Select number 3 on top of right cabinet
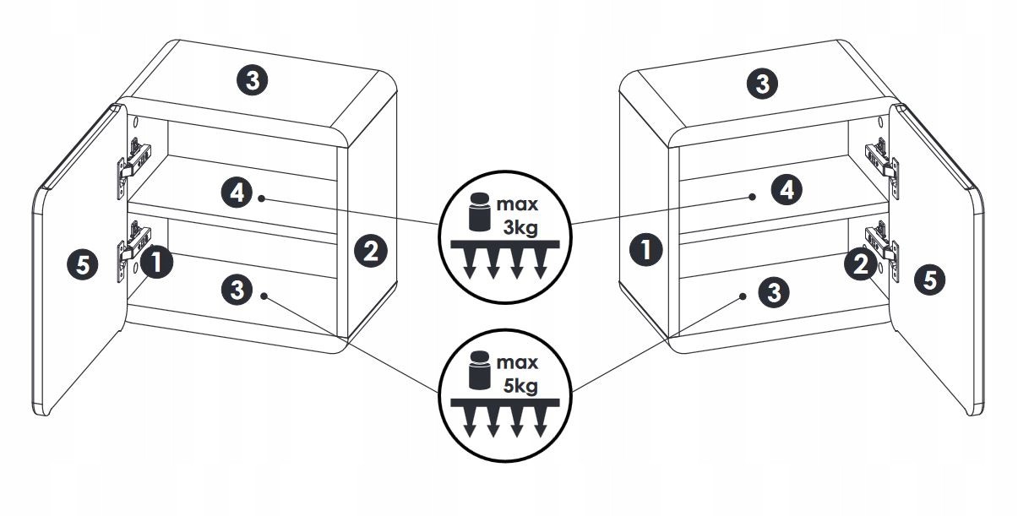click(763, 84)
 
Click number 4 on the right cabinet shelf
click(786, 189)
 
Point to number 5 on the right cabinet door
click(930, 280)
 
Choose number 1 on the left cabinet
click(156, 263)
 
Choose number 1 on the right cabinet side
click(646, 250)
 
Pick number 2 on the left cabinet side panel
click(371, 250)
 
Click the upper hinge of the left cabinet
click(134, 158)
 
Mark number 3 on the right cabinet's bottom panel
click(774, 292)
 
